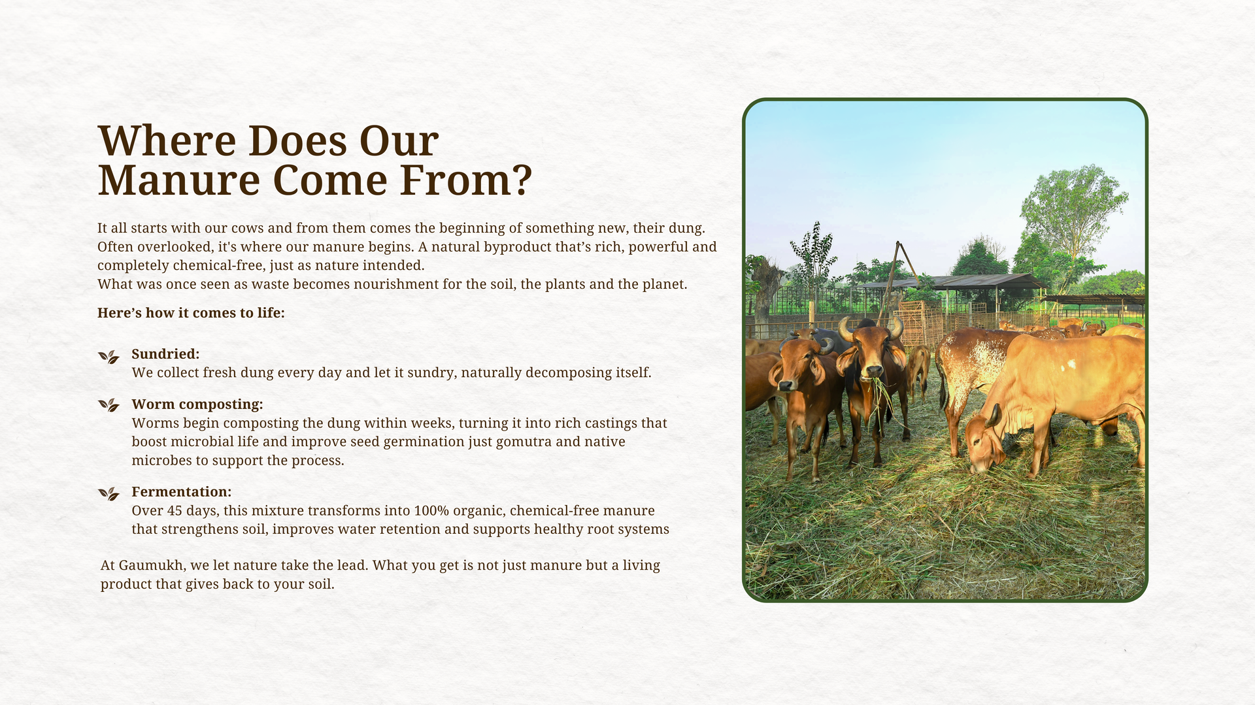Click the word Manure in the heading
click(x=179, y=180)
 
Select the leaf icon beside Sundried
click(x=109, y=357)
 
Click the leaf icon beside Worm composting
click(x=109, y=405)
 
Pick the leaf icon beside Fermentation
click(x=109, y=493)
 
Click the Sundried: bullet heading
click(x=165, y=354)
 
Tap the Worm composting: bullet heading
click(x=197, y=404)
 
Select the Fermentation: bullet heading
click(x=182, y=492)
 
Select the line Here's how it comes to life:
click(x=191, y=313)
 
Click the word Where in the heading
click(x=167, y=141)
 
